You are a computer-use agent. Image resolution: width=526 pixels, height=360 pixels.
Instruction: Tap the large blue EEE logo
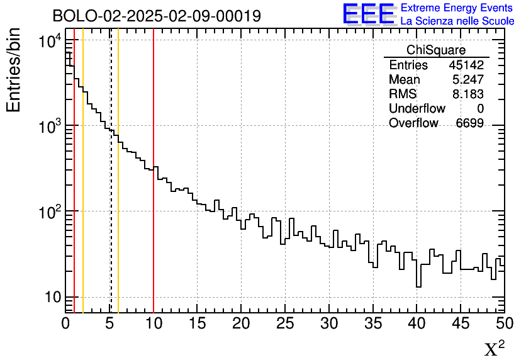click(369, 13)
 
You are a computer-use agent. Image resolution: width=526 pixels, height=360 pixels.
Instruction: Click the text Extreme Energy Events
click(457, 8)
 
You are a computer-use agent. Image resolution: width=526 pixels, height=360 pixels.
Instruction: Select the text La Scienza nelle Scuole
click(457, 21)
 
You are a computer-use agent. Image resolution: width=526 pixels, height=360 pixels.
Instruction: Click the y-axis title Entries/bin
click(13, 69)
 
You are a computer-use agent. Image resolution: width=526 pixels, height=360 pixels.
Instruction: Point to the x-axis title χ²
click(494, 349)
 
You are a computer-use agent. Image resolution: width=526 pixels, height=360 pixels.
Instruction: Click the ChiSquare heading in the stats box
click(436, 50)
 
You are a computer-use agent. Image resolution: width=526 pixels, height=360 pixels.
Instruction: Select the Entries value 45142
click(466, 65)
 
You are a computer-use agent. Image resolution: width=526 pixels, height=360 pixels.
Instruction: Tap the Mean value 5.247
click(467, 80)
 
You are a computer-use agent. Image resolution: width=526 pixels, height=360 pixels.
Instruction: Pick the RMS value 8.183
click(467, 94)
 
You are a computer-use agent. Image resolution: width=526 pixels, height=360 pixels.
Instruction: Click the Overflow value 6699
click(469, 123)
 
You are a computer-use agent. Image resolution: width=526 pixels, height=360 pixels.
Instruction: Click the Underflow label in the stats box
click(417, 109)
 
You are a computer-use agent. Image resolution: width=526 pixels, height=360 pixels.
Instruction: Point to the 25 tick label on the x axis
click(285, 323)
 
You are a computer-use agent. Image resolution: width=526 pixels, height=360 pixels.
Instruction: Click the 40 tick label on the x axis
click(417, 323)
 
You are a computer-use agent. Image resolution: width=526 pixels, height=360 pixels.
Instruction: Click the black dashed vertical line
click(111, 220)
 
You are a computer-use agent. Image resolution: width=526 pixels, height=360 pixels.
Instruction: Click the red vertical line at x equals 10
click(154, 252)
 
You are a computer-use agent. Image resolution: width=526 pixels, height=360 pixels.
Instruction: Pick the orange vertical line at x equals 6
click(118, 252)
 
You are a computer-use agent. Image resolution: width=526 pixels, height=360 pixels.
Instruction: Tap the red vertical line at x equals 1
click(74, 252)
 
